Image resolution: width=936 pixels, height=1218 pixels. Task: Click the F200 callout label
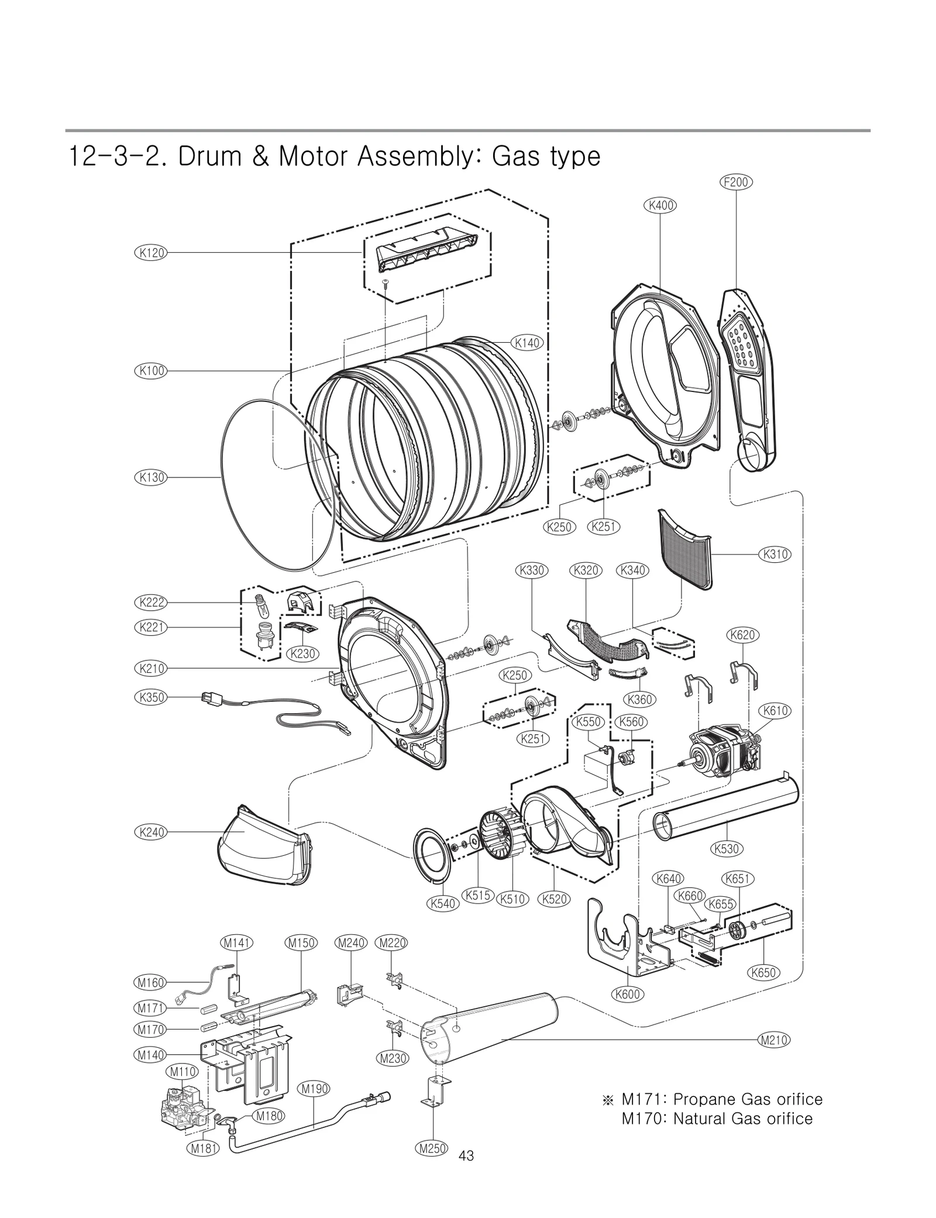[x=735, y=182]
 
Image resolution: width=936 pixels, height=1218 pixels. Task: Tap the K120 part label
[x=150, y=253]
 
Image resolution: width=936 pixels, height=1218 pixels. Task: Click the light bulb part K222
[x=259, y=604]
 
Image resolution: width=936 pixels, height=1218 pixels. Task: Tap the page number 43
[x=466, y=1155]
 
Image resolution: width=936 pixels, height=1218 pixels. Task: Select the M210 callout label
[x=773, y=1040]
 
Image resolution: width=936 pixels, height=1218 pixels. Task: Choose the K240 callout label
[x=150, y=831]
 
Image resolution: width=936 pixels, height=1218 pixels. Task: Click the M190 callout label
[x=314, y=1088]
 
